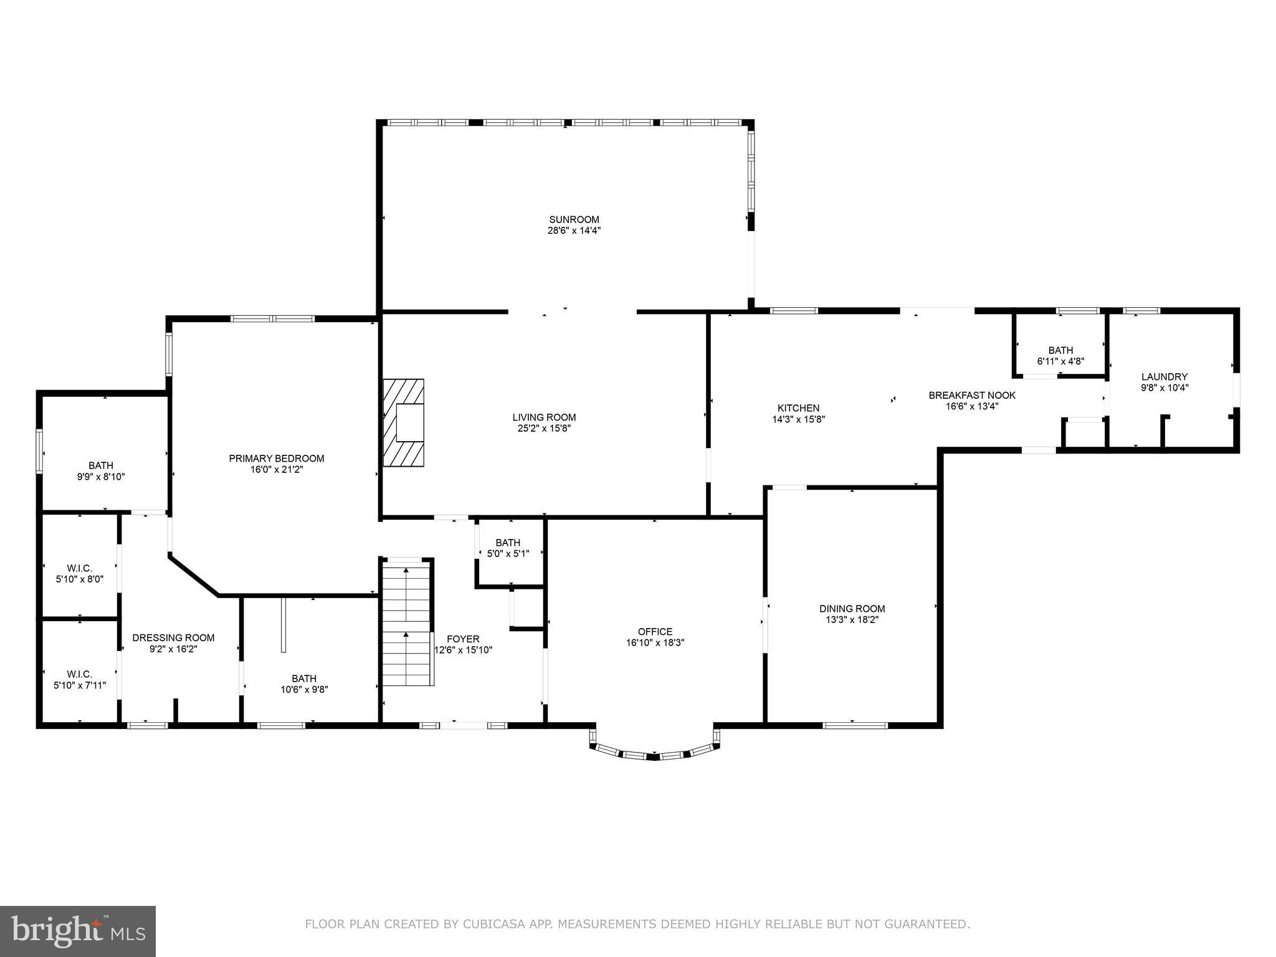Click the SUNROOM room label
tap(574, 219)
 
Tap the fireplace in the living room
tap(404, 422)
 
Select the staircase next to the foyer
tap(406, 623)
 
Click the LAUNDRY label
tap(1164, 376)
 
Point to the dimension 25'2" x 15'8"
tap(544, 429)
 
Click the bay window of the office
tap(654, 755)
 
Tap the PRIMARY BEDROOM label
tap(277, 459)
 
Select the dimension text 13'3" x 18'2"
tap(852, 620)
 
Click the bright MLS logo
tap(78, 931)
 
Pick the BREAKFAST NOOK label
tap(972, 395)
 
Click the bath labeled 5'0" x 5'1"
tap(508, 548)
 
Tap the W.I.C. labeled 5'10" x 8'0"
tap(79, 573)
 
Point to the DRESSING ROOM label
tap(173, 637)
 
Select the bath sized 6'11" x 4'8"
tap(1060, 355)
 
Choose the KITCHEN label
tap(798, 408)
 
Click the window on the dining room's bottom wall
tap(855, 725)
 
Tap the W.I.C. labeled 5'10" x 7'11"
tap(79, 679)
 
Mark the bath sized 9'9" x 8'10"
tap(101, 470)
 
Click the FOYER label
tap(463, 639)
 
